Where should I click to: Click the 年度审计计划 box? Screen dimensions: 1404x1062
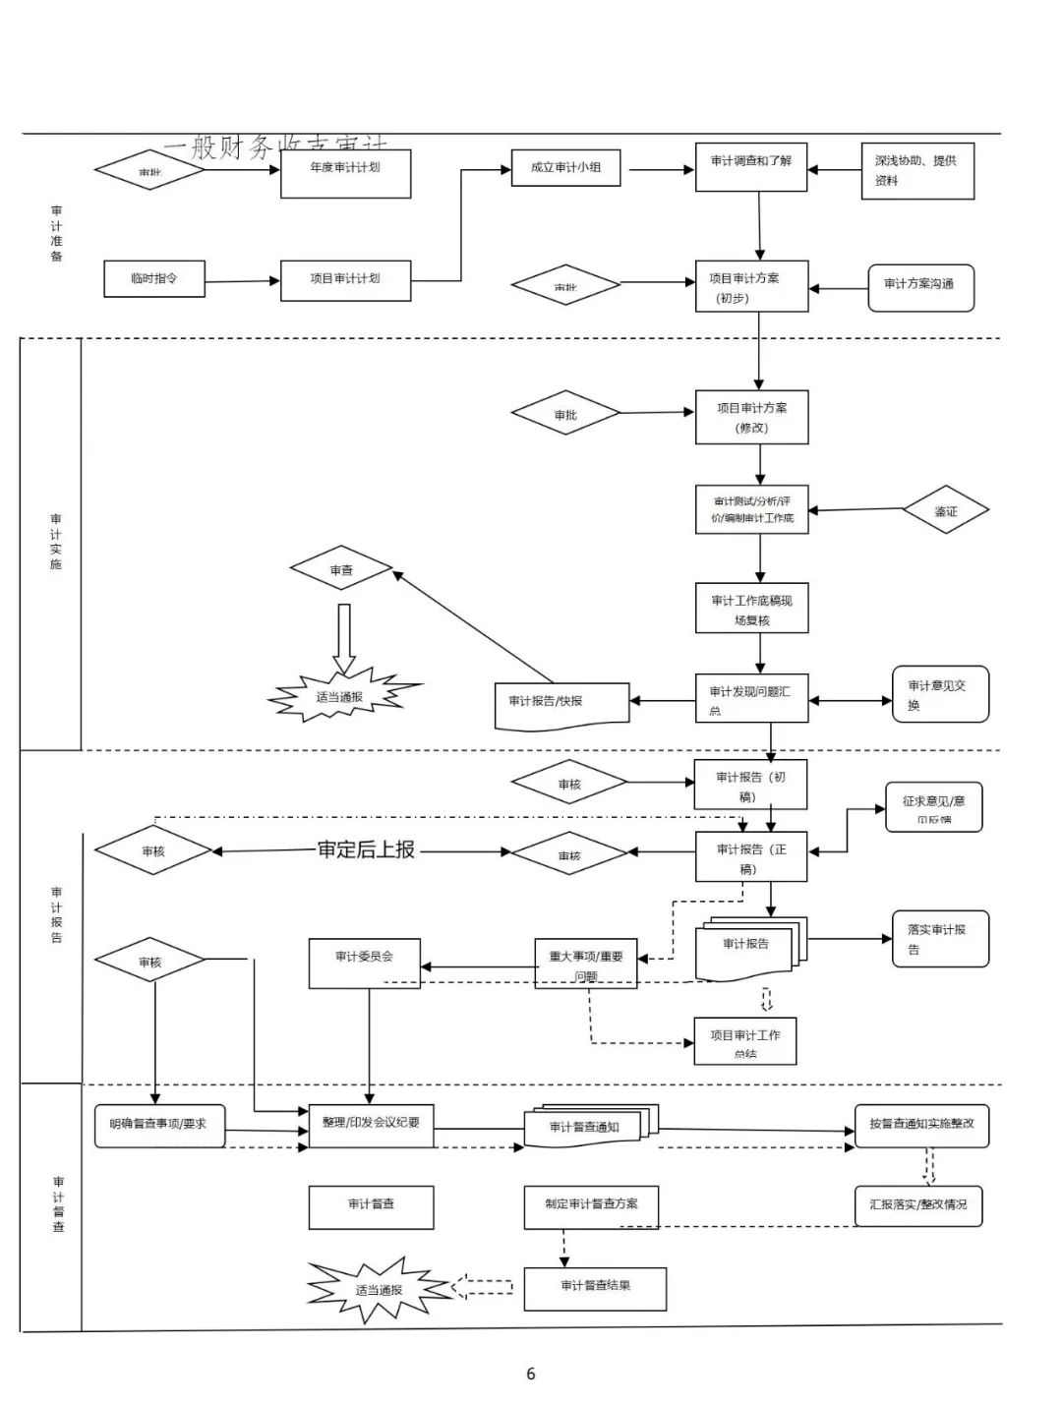345,173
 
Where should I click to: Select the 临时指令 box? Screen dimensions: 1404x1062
154,279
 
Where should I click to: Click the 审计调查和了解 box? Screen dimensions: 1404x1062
751,167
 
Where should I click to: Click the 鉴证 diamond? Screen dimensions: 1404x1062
945,510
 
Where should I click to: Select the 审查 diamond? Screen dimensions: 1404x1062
341,569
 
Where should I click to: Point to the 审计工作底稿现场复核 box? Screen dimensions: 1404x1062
751,610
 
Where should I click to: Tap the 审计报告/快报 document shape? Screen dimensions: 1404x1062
560,704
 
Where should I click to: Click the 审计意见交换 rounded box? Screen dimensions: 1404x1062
940,694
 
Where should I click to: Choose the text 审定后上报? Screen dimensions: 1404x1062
366,850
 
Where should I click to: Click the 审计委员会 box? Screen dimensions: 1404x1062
365,963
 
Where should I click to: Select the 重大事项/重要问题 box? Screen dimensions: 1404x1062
586,964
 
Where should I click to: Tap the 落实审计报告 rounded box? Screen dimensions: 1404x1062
940,938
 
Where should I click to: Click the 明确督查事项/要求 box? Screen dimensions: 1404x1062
159,1125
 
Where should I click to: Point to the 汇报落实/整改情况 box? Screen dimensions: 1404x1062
918,1205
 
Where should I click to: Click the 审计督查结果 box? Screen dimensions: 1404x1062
595,1288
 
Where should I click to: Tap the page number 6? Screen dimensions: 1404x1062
531,1374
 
